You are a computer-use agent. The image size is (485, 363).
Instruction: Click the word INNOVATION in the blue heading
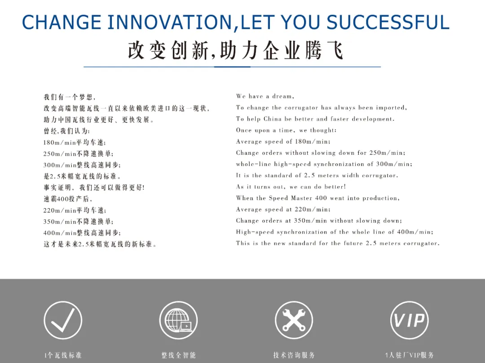pyautogui.click(x=169, y=22)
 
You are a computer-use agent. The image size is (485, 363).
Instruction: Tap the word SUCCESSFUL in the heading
pyautogui.click(x=388, y=22)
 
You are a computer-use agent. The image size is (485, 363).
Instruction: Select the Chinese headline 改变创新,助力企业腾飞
pyautogui.click(x=235, y=50)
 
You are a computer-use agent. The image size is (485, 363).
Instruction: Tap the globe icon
pyautogui.click(x=178, y=320)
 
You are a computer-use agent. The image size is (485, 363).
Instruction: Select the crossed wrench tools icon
pyautogui.click(x=294, y=320)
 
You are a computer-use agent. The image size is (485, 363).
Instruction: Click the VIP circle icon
pyautogui.click(x=410, y=320)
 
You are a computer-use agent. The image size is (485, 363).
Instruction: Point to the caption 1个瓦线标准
pyautogui.click(x=63, y=355)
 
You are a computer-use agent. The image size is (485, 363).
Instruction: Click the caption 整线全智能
pyautogui.click(x=178, y=355)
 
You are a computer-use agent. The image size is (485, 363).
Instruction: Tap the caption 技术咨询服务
pyautogui.click(x=294, y=355)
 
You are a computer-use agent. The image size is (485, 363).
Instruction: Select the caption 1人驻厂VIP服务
pyautogui.click(x=410, y=355)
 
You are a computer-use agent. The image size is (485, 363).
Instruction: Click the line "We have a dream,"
pyautogui.click(x=265, y=96)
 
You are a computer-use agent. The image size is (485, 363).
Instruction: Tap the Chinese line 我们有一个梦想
pyautogui.click(x=69, y=97)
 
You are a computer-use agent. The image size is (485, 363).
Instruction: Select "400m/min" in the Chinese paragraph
pyautogui.click(x=60, y=233)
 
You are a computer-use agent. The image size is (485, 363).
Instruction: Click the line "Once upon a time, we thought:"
pyautogui.click(x=286, y=131)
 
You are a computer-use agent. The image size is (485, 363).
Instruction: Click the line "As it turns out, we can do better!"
pyautogui.click(x=291, y=187)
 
